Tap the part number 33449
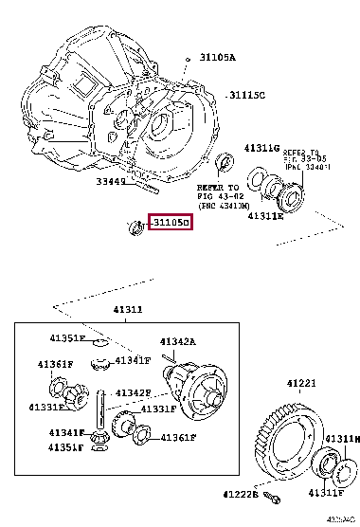(x=112, y=182)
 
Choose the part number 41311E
(x=266, y=216)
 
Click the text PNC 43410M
(x=223, y=205)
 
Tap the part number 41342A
(x=177, y=341)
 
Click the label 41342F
(x=135, y=392)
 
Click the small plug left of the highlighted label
(x=135, y=225)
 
